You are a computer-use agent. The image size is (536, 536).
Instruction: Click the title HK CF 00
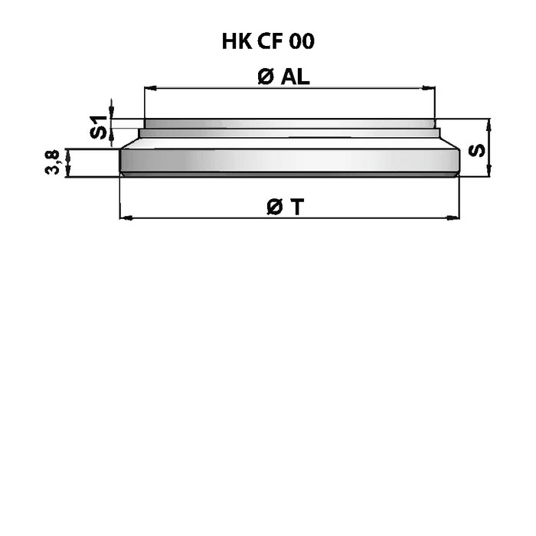coord(268,41)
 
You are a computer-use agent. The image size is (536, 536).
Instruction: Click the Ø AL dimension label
coord(284,77)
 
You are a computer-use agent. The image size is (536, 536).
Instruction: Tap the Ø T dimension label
coord(285,208)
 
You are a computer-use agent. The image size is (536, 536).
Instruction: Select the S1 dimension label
coord(98,127)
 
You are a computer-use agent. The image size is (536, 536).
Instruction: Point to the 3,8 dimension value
coord(53,162)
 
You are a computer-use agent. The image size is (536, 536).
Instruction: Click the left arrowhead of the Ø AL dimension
coord(150,88)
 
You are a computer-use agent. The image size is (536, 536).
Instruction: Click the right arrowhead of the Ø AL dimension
coord(429,88)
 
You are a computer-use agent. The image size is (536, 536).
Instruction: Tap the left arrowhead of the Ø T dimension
coord(126,217)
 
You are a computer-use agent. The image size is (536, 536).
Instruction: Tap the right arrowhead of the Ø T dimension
coord(453,217)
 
